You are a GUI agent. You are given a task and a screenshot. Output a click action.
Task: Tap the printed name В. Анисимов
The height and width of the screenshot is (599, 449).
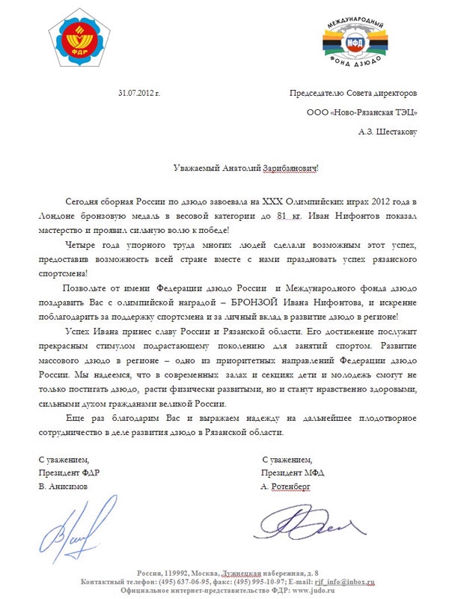[x=64, y=486]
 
